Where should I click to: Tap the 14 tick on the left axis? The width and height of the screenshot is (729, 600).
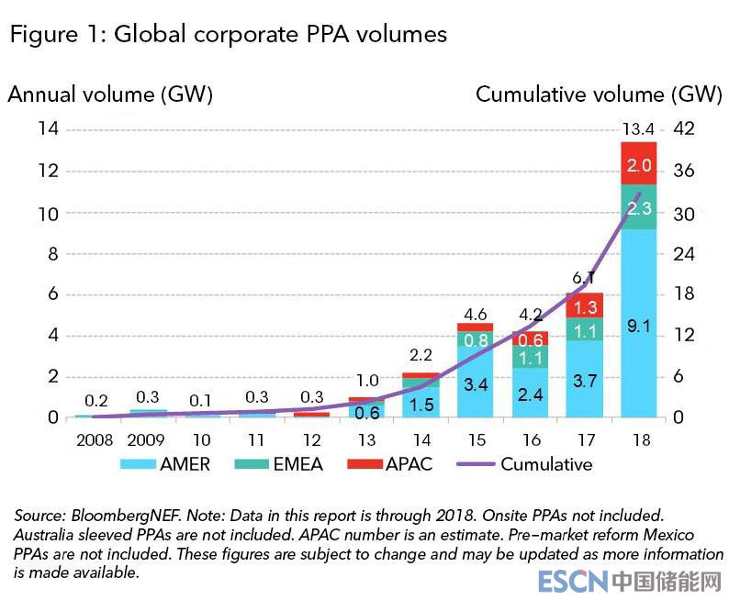[x=48, y=129]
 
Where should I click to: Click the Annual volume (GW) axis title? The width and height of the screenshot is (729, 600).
[x=111, y=94]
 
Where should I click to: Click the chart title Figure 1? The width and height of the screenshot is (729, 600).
[x=228, y=35]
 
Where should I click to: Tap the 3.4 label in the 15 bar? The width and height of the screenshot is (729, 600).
[x=475, y=384]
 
